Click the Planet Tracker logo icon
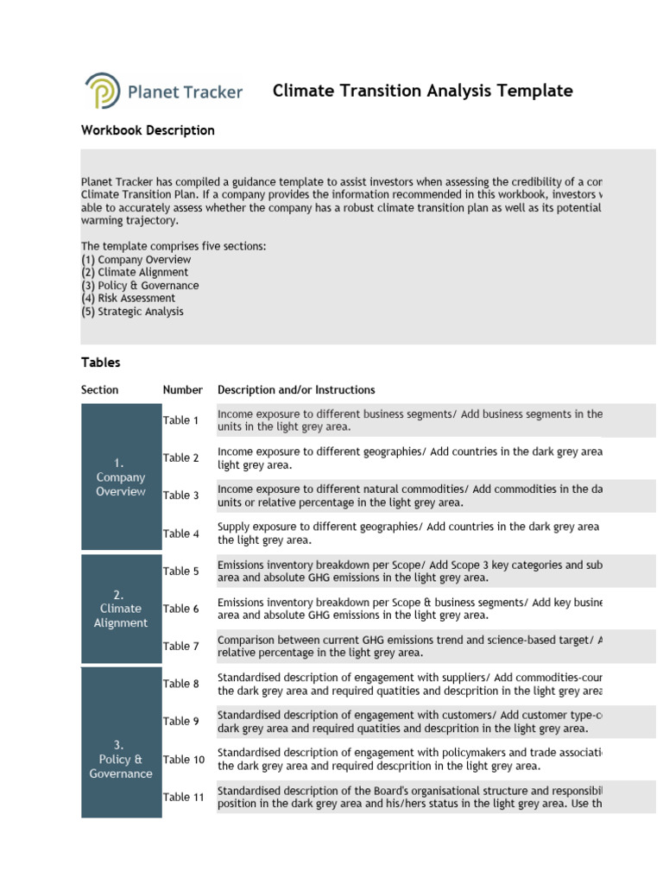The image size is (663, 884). pyautogui.click(x=102, y=91)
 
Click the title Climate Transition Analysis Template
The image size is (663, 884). pyautogui.click(x=422, y=91)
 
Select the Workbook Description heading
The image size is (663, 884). pyautogui.click(x=148, y=130)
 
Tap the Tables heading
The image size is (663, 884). pyautogui.click(x=101, y=363)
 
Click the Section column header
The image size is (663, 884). pyautogui.click(x=100, y=390)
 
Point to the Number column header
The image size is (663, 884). pyautogui.click(x=183, y=390)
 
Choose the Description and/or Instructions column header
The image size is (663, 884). pyautogui.click(x=296, y=390)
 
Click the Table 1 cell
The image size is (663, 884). pyautogui.click(x=181, y=420)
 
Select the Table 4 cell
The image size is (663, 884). pyautogui.click(x=181, y=534)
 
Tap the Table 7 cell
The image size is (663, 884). pyautogui.click(x=181, y=646)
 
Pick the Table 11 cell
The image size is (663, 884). pyautogui.click(x=184, y=797)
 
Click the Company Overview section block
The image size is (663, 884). pyautogui.click(x=121, y=477)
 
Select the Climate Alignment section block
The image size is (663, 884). pyautogui.click(x=121, y=609)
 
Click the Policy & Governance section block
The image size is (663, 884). pyautogui.click(x=121, y=759)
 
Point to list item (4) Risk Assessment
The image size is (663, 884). pyautogui.click(x=128, y=299)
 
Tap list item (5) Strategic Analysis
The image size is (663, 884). pyautogui.click(x=132, y=312)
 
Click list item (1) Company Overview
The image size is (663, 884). pyautogui.click(x=136, y=260)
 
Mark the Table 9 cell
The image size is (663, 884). pyautogui.click(x=181, y=721)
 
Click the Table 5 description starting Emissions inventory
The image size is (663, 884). pyautogui.click(x=410, y=571)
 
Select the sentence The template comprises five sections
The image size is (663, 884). pyautogui.click(x=174, y=247)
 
